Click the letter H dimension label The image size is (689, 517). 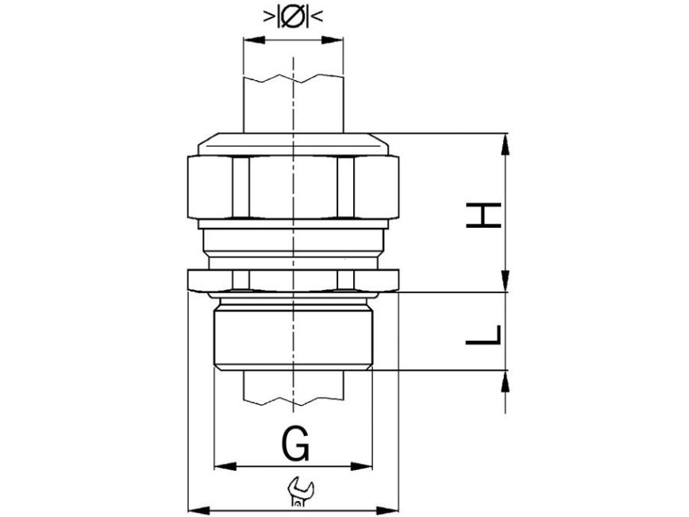pyautogui.click(x=483, y=215)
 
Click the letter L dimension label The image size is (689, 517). pyautogui.click(x=483, y=335)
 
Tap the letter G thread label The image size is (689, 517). pyautogui.click(x=294, y=445)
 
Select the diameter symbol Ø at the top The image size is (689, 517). pyautogui.click(x=293, y=16)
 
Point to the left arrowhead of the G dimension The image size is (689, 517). pyautogui.click(x=225, y=466)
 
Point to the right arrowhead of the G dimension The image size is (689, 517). pyautogui.click(x=361, y=466)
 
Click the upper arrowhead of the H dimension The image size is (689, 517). pyautogui.click(x=506, y=145)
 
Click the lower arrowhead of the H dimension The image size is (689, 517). pyautogui.click(x=506, y=280)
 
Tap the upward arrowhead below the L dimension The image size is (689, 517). pyautogui.click(x=506, y=381)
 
